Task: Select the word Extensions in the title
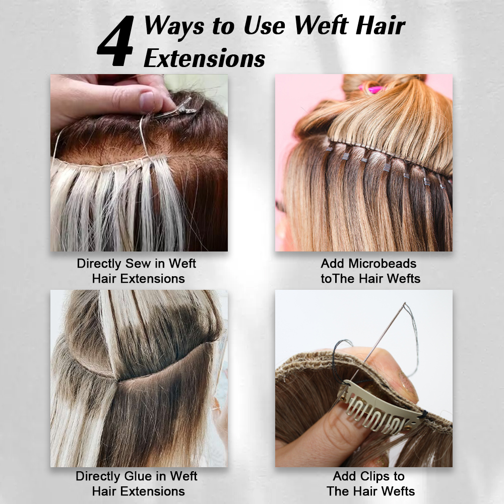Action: (205, 58)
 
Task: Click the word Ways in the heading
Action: (174, 26)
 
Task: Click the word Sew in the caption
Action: (138, 264)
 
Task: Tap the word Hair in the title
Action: (380, 25)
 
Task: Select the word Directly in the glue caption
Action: (98, 477)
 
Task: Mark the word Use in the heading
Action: (264, 25)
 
